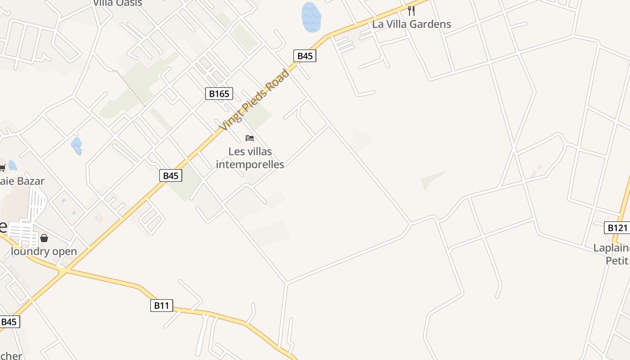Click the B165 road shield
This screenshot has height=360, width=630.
click(219, 94)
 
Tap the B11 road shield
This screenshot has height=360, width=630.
click(162, 306)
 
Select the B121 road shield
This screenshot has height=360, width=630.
click(617, 228)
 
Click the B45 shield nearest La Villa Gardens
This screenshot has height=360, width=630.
click(305, 56)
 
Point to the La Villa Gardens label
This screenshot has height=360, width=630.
click(411, 24)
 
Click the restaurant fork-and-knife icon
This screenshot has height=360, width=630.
click(411, 10)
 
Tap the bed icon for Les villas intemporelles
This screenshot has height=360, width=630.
click(250, 138)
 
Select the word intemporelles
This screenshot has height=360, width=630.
click(250, 164)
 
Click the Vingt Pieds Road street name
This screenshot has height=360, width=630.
click(254, 100)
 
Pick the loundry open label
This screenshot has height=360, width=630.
click(44, 251)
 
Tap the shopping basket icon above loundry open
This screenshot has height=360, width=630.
click(44, 238)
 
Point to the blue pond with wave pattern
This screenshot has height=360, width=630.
click(311, 18)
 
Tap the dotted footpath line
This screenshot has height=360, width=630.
click(130, 88)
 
